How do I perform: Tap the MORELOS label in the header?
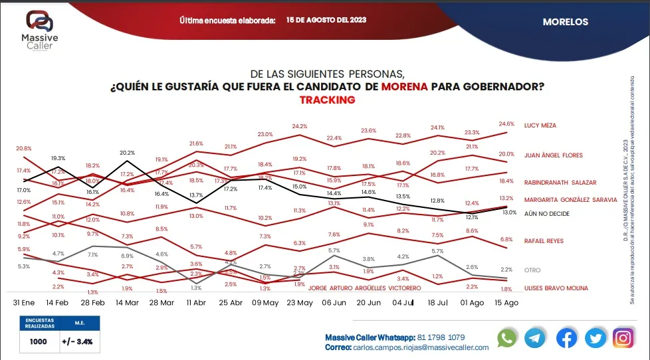565,22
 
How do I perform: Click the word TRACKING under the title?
327,100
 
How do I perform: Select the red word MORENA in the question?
405,86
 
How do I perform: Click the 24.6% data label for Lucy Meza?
506,124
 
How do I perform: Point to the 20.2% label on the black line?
126,152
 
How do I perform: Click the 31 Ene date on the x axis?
25,302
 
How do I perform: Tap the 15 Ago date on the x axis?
507,302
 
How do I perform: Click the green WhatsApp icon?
507,338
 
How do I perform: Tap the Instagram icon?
623,338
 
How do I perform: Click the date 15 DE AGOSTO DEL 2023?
327,20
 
